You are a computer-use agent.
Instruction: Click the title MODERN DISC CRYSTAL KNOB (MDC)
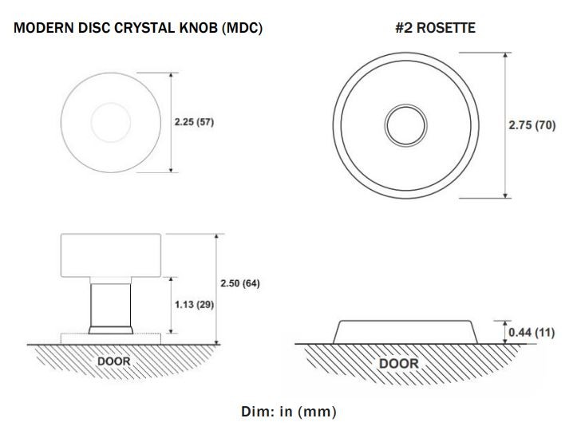tap(138, 28)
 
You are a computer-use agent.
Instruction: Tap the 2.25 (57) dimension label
tap(195, 123)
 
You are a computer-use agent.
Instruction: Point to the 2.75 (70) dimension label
tap(532, 125)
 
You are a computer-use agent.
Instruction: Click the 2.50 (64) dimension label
tap(239, 284)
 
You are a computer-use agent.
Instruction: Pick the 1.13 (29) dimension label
tap(194, 306)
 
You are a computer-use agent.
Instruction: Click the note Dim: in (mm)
tap(288, 412)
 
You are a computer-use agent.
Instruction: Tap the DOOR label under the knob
tap(113, 361)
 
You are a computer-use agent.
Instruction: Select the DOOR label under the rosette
tap(398, 363)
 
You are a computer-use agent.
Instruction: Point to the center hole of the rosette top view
tap(401, 124)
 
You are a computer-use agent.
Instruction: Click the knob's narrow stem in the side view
tap(110, 302)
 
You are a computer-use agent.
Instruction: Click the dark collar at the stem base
tap(110, 329)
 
